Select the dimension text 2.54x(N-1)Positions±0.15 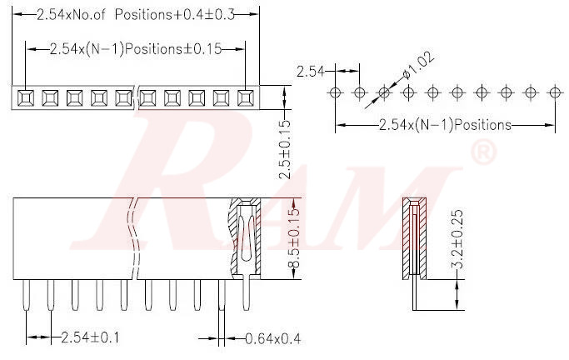pyautogui.click(x=136, y=48)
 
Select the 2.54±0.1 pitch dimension pyautogui.click(x=88, y=337)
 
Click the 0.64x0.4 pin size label pyautogui.click(x=272, y=337)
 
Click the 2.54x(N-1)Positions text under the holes pyautogui.click(x=444, y=126)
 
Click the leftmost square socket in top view pyautogui.click(x=26, y=97)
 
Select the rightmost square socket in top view pyautogui.click(x=245, y=97)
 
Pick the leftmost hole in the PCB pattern pyautogui.click(x=335, y=91)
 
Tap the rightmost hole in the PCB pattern pyautogui.click(x=553, y=91)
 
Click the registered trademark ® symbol pyautogui.click(x=483, y=153)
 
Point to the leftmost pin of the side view pyautogui.click(x=27, y=296)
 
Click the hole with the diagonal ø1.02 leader pyautogui.click(x=384, y=91)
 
